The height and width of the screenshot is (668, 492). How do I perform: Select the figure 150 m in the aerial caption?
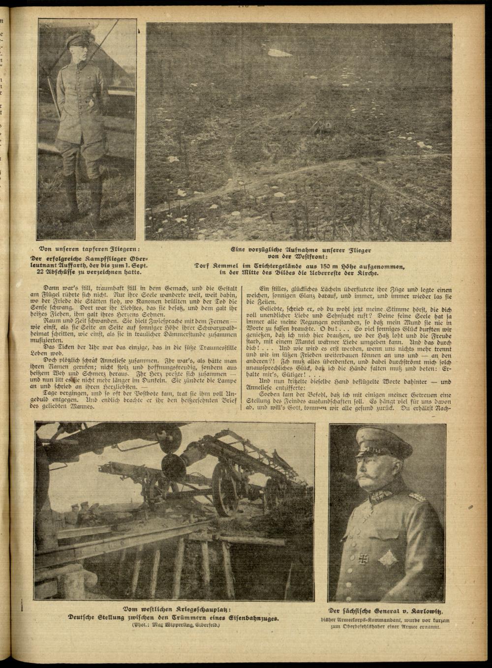tap(308, 266)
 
